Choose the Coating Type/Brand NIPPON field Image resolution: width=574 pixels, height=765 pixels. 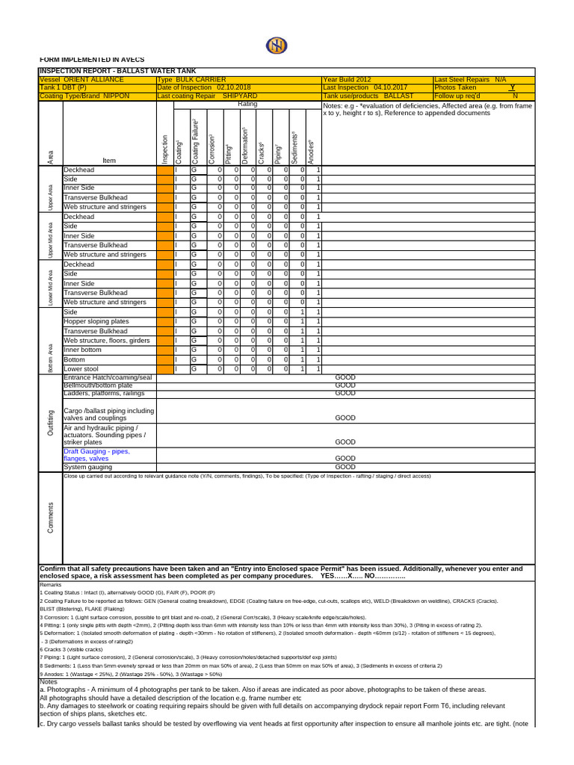(x=84, y=96)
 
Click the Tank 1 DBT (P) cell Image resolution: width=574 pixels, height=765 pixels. (x=63, y=87)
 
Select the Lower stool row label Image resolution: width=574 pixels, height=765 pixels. (x=81, y=369)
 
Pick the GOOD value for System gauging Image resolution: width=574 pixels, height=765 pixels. (x=345, y=467)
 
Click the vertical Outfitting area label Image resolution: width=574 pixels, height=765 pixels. (x=51, y=422)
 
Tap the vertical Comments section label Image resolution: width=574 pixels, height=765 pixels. (x=51, y=516)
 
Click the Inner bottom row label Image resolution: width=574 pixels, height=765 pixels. (x=84, y=350)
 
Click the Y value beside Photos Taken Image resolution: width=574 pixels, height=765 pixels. (x=512, y=87)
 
